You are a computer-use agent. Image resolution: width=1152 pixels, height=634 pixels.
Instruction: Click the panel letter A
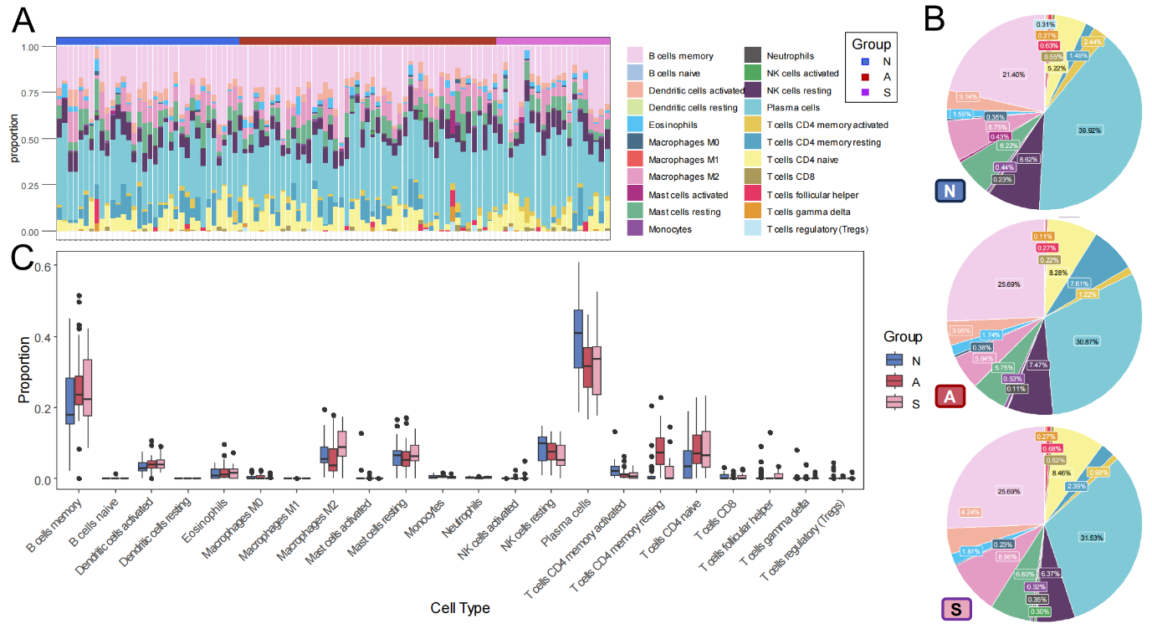25,18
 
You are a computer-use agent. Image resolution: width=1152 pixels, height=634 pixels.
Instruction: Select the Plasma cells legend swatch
752,108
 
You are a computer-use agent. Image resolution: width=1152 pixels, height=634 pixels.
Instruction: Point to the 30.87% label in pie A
1088,340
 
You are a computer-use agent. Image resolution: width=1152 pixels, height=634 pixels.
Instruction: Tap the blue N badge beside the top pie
950,192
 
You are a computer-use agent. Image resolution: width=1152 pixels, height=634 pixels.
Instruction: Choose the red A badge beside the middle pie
950,396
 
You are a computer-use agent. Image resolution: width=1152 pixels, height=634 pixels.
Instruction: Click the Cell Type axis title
459,608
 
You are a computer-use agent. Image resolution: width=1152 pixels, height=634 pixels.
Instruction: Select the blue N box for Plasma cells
578,339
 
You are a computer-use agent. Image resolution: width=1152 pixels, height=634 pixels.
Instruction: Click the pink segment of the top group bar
553,40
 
